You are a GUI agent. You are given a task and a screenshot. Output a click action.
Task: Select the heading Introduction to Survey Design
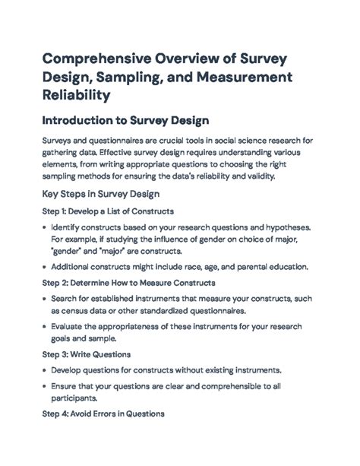point(125,121)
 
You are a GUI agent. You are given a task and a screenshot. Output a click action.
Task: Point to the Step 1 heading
point(107,211)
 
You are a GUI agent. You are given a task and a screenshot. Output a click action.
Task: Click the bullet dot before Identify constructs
point(45,228)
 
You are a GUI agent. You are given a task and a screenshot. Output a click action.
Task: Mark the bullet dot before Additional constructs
point(45,266)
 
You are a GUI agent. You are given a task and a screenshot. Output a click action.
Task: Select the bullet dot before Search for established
point(45,300)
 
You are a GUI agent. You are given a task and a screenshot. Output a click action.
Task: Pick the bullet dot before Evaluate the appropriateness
point(45,325)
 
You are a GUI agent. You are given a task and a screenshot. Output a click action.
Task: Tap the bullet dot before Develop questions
point(45,371)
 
